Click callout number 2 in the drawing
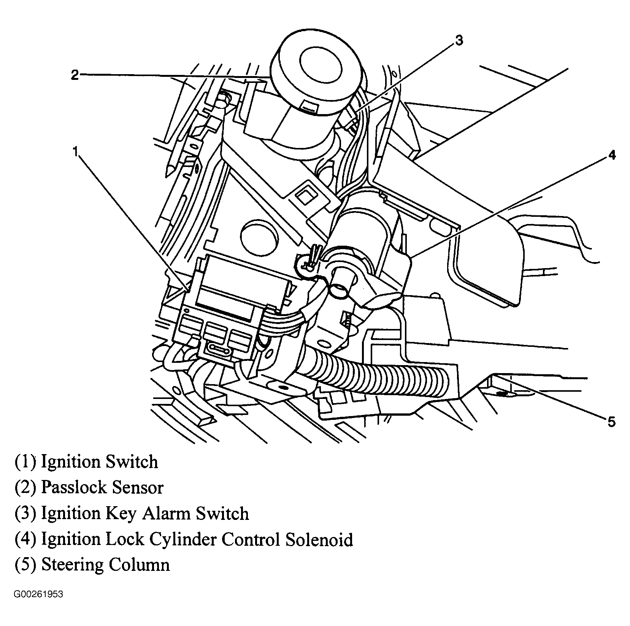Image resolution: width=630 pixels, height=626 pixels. pos(75,75)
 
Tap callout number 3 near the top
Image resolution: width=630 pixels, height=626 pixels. pos(459,40)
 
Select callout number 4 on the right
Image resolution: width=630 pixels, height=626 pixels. pos(612,156)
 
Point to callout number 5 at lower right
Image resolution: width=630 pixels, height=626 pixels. pos(611,422)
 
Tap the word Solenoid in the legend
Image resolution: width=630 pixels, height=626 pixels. pos(319,539)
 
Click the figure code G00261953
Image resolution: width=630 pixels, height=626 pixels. pos(38,594)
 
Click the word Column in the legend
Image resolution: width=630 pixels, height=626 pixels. pos(140,565)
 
